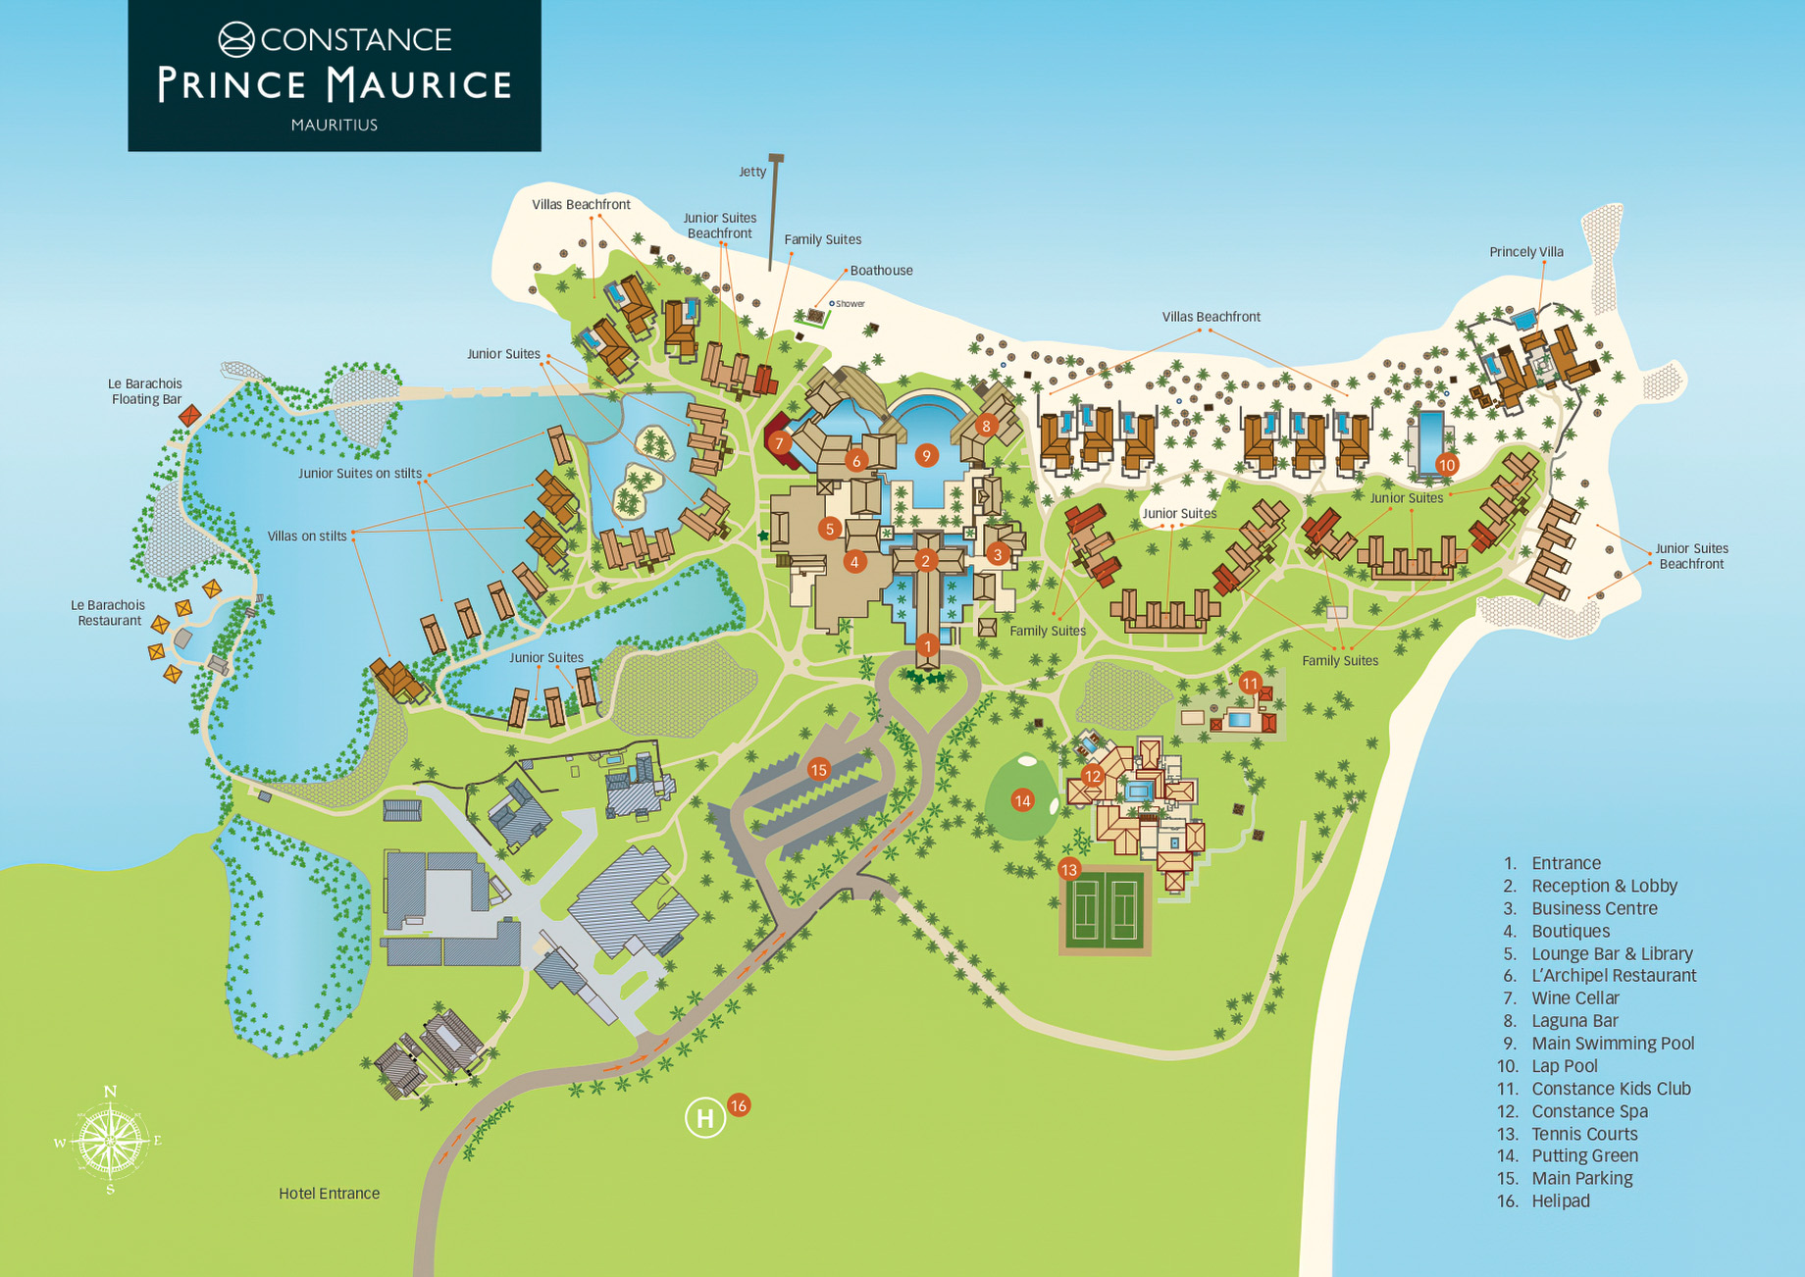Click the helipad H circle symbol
704,1117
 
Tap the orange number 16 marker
739,1105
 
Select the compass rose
110,1141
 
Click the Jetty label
752,172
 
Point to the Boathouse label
881,271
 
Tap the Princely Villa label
1526,252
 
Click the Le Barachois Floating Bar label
145,391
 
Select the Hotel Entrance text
329,1194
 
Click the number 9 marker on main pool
925,455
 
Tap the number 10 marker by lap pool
1446,464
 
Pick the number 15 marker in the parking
818,770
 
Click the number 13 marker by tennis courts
1068,869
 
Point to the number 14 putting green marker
1022,801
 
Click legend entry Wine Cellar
1574,998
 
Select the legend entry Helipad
1560,1201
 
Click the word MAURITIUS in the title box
334,125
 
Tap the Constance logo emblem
236,40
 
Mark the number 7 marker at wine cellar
779,443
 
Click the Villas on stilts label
307,536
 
